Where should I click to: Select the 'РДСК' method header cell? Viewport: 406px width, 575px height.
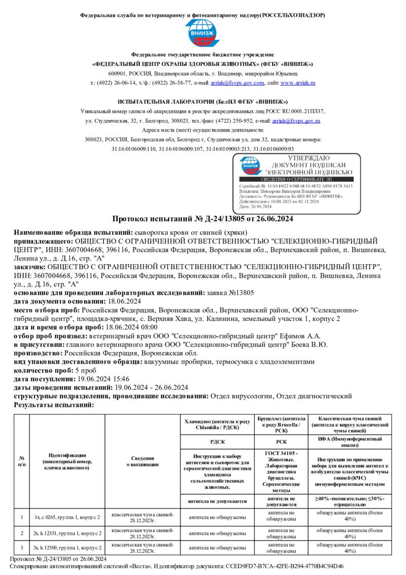pyautogui.click(x=217, y=441)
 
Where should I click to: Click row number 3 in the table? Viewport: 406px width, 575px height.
pyautogui.click(x=22, y=548)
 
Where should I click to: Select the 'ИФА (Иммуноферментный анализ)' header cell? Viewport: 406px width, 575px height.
pyautogui.click(x=350, y=441)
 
